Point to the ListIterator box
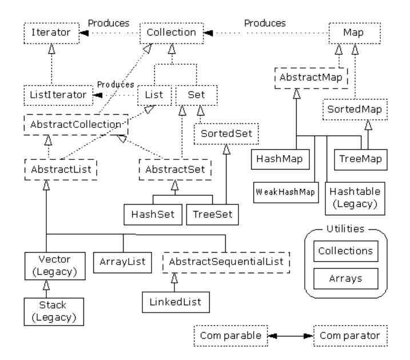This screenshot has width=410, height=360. click(58, 94)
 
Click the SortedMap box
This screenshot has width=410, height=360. click(351, 109)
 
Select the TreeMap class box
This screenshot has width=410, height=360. click(360, 158)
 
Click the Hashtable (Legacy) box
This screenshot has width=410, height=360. click(352, 195)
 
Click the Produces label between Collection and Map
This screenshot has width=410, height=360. click(265, 23)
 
